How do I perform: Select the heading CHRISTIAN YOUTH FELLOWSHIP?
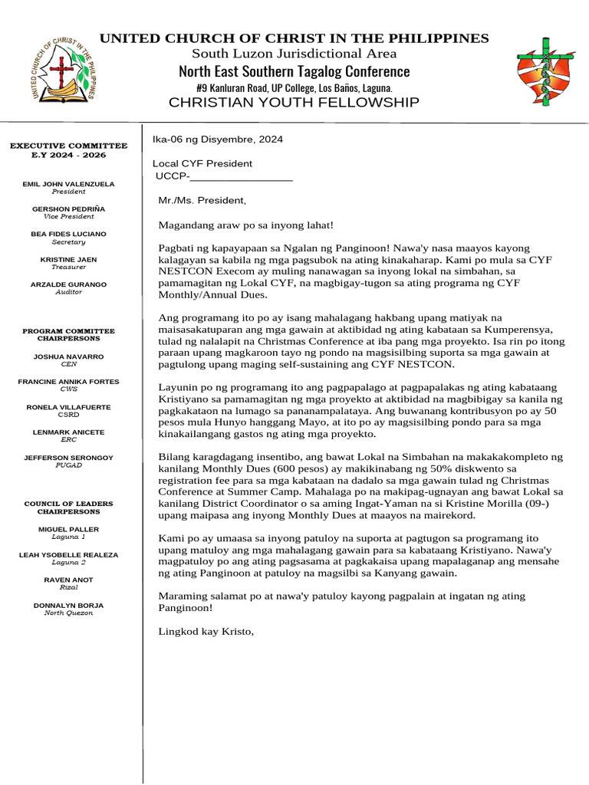tap(294, 103)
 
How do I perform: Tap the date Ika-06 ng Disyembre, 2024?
tap(218, 140)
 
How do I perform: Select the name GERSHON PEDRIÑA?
tap(68, 209)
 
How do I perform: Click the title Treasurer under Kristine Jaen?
tap(68, 268)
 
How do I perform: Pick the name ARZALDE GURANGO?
tap(68, 285)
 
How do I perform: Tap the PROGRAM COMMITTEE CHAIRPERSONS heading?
tap(68, 334)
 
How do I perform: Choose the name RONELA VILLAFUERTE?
tap(68, 407)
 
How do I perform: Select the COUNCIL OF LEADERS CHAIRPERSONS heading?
tap(68, 507)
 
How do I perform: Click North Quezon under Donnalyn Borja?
tap(68, 613)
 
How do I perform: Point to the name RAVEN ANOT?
tap(68, 580)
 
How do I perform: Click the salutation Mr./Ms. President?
tap(202, 201)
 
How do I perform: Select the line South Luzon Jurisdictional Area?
tap(294, 54)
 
